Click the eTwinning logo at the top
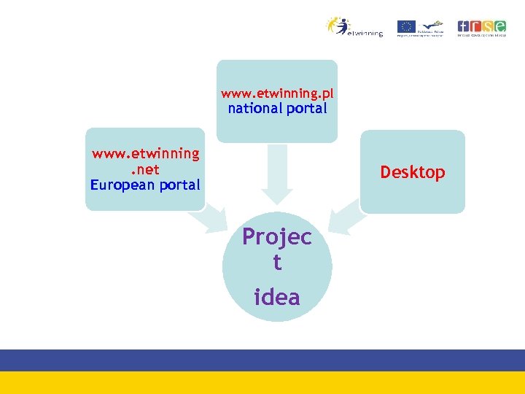click(354, 27)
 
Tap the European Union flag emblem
click(406, 26)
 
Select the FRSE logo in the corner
click(482, 28)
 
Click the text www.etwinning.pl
click(277, 93)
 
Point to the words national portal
click(277, 109)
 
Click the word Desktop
click(412, 172)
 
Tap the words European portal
click(145, 185)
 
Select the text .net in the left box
click(144, 169)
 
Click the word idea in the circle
click(277, 297)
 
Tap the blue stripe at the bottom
click(262, 360)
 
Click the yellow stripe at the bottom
click(262, 382)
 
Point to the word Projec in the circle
click(277, 237)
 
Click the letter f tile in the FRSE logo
click(464, 26)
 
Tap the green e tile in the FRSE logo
click(500, 26)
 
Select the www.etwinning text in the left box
click(145, 153)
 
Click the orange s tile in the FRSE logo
click(488, 26)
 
